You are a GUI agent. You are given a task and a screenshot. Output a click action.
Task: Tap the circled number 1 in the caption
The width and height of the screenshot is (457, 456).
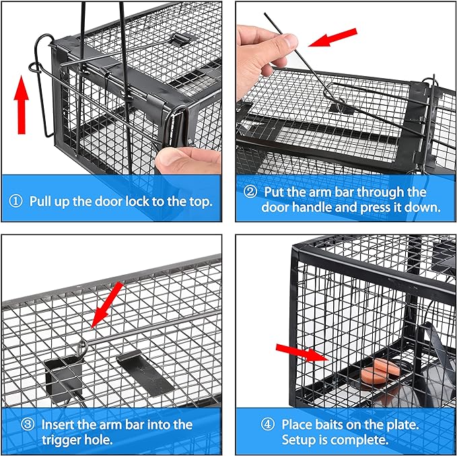pyautogui.click(x=16, y=201)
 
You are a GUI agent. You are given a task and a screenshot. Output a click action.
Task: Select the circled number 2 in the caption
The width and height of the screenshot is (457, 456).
pyautogui.click(x=250, y=193)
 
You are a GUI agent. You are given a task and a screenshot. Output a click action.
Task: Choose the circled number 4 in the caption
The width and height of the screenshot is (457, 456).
pyautogui.click(x=267, y=425)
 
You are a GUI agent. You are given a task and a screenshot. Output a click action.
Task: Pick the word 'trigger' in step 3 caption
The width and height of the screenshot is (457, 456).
pyautogui.click(x=61, y=441)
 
